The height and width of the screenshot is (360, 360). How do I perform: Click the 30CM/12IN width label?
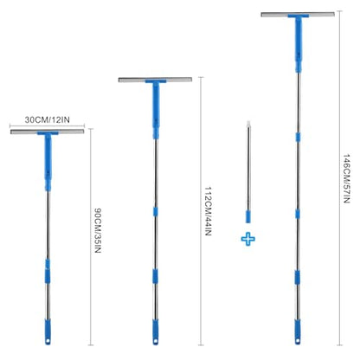(x=48, y=119)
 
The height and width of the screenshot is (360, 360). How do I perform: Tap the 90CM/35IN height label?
(x=98, y=230)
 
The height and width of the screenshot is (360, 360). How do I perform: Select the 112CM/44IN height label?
(x=209, y=211)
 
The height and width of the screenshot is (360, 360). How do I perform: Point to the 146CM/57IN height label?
(x=346, y=178)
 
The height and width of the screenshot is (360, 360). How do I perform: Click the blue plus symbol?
(x=248, y=239)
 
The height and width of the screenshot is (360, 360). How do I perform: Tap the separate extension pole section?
(x=248, y=172)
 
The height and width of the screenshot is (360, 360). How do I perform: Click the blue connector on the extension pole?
(x=248, y=216)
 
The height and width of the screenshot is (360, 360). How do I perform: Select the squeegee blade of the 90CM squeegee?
(x=48, y=132)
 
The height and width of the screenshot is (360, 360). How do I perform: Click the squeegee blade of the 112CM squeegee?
(x=155, y=80)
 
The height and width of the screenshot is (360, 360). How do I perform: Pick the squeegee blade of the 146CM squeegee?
(x=298, y=14)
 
